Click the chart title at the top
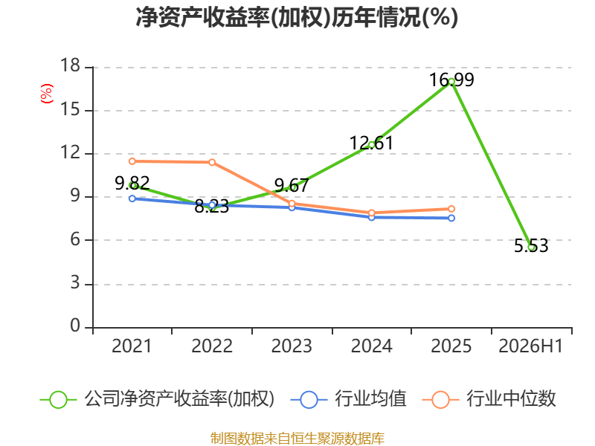pyautogui.click(x=297, y=17)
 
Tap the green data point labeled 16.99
pyautogui.click(x=451, y=82)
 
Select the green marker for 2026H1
pyautogui.click(x=531, y=248)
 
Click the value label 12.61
pyautogui.click(x=371, y=143)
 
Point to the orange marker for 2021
pyautogui.click(x=132, y=161)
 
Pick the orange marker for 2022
pyautogui.click(x=212, y=162)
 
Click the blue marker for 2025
pyautogui.click(x=451, y=218)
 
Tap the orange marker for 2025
pyautogui.click(x=451, y=209)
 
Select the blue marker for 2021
pyautogui.click(x=132, y=198)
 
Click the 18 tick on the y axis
pyautogui.click(x=71, y=65)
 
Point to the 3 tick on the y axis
pyautogui.click(x=76, y=283)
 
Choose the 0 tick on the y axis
pyautogui.click(x=76, y=326)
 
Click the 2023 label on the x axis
pyautogui.click(x=292, y=346)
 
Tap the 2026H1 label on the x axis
pyautogui.click(x=530, y=346)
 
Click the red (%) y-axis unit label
pyautogui.click(x=47, y=94)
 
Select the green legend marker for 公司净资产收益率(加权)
pyautogui.click(x=59, y=400)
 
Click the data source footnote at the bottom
pyautogui.click(x=297, y=439)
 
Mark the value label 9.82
pyautogui.click(x=132, y=184)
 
